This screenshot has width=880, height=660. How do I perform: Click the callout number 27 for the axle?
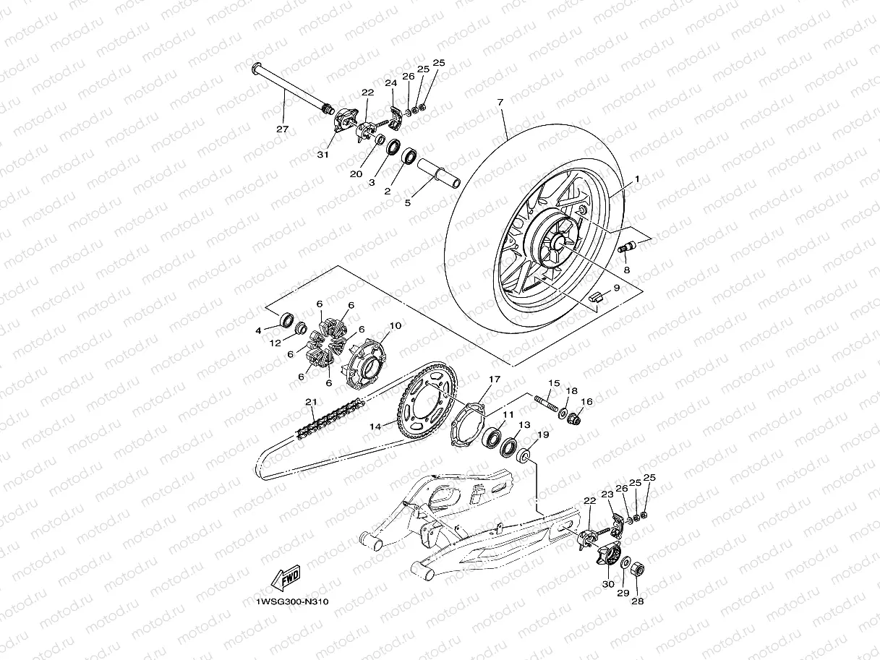282,129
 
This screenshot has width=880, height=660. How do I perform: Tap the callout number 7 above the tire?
500,103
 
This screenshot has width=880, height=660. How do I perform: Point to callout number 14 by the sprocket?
375,427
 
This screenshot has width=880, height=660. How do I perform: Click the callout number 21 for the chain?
309,402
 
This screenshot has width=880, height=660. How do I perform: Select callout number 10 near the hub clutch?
396,326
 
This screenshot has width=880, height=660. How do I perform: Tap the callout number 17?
495,379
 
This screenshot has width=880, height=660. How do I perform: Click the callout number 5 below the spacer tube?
407,203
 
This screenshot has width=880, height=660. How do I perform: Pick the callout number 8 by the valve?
627,270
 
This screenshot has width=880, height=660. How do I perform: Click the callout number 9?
616,287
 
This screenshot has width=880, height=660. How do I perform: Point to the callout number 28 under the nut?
638,600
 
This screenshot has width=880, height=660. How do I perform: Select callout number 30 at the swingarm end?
607,584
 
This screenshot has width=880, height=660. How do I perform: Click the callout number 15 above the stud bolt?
554,383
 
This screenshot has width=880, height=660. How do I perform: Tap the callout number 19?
542,435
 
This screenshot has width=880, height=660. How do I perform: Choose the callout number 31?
322,153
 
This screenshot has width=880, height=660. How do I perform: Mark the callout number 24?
391,84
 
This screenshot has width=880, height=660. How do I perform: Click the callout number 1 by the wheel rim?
637,178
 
